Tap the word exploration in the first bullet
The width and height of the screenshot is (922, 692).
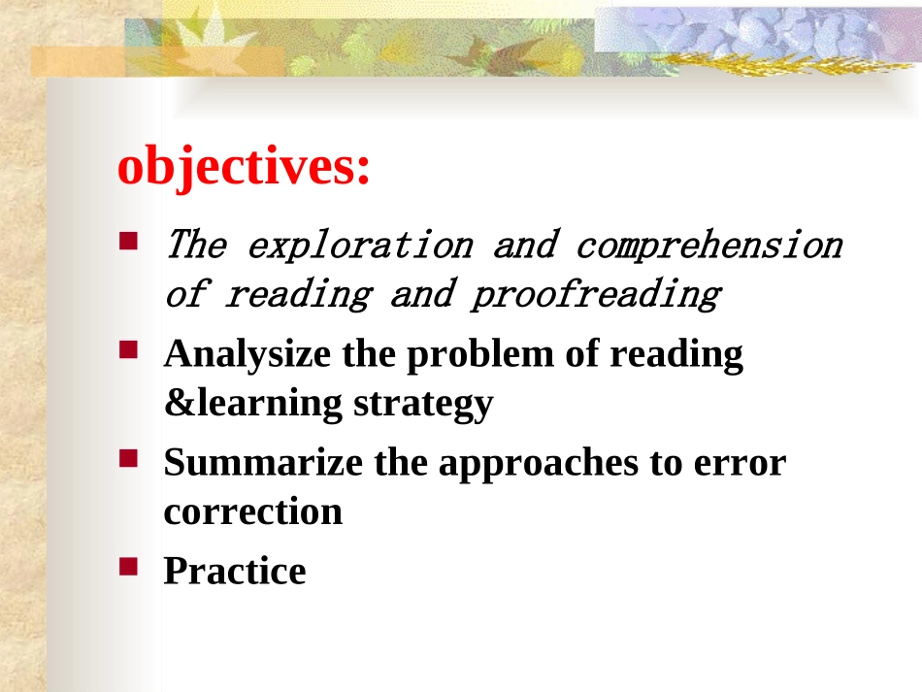tap(360, 246)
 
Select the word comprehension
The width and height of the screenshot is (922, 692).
tap(709, 246)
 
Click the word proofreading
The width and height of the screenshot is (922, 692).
tap(595, 294)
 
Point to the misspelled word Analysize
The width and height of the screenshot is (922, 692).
tap(247, 354)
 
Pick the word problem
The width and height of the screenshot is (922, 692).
tap(480, 353)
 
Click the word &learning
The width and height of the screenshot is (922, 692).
tap(253, 403)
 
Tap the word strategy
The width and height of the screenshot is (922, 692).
tap(423, 405)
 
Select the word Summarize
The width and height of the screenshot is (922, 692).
tap(263, 462)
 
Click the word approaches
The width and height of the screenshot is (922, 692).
tap(539, 463)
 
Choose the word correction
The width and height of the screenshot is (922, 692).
tap(253, 512)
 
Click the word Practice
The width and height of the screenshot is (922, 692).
tap(235, 571)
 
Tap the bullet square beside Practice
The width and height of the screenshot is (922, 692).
tap(128, 567)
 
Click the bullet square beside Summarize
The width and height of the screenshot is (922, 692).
tap(128, 458)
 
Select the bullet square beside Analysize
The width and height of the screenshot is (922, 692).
tap(128, 349)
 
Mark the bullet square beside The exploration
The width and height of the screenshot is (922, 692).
tap(128, 241)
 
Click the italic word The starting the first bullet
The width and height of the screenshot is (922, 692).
tap(196, 244)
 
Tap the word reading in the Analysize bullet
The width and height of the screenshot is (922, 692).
tap(676, 355)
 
